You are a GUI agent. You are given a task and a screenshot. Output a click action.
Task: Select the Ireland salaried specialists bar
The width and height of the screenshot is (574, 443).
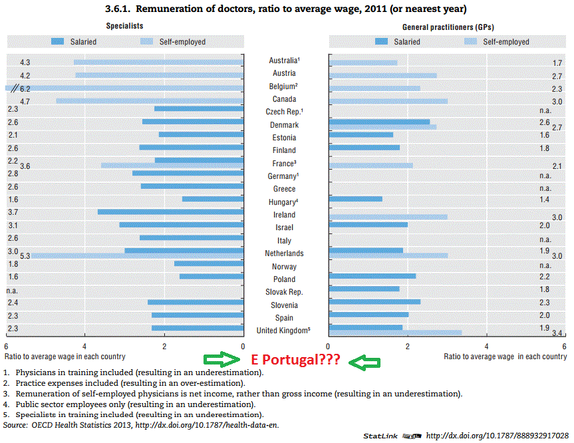coord(171,212)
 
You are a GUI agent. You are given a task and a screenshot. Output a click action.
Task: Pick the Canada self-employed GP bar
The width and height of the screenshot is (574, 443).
coord(388,101)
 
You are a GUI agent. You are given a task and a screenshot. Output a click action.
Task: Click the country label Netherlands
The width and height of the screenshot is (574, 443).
coord(285,253)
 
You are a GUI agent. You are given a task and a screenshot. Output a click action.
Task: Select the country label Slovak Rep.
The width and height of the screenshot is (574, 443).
coord(285,292)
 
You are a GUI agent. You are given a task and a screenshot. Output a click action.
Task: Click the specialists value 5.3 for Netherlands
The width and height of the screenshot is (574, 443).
coord(25,256)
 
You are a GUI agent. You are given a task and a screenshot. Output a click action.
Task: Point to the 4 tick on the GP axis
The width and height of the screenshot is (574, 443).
coord(486,347)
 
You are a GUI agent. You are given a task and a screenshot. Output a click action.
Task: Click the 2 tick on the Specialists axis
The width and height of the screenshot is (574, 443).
coord(164,347)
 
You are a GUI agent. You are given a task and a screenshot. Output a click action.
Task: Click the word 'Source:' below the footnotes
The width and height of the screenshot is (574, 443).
coord(15,424)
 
